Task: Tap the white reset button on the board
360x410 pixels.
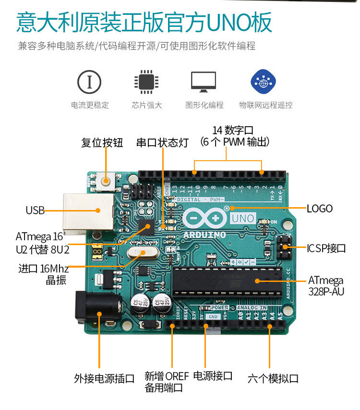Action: pos(105,181)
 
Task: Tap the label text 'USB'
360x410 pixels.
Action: pos(35,210)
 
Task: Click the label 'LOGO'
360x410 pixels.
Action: pos(320,208)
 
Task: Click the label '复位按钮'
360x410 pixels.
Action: pos(102,142)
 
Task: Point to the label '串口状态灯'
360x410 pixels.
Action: pos(162,142)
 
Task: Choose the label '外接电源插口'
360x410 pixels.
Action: pos(104,378)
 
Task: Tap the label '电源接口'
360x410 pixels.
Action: pos(213,376)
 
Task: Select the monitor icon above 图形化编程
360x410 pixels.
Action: pos(204,82)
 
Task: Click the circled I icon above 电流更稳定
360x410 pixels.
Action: pos(89,82)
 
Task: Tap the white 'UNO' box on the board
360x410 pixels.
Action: pos(243,218)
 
